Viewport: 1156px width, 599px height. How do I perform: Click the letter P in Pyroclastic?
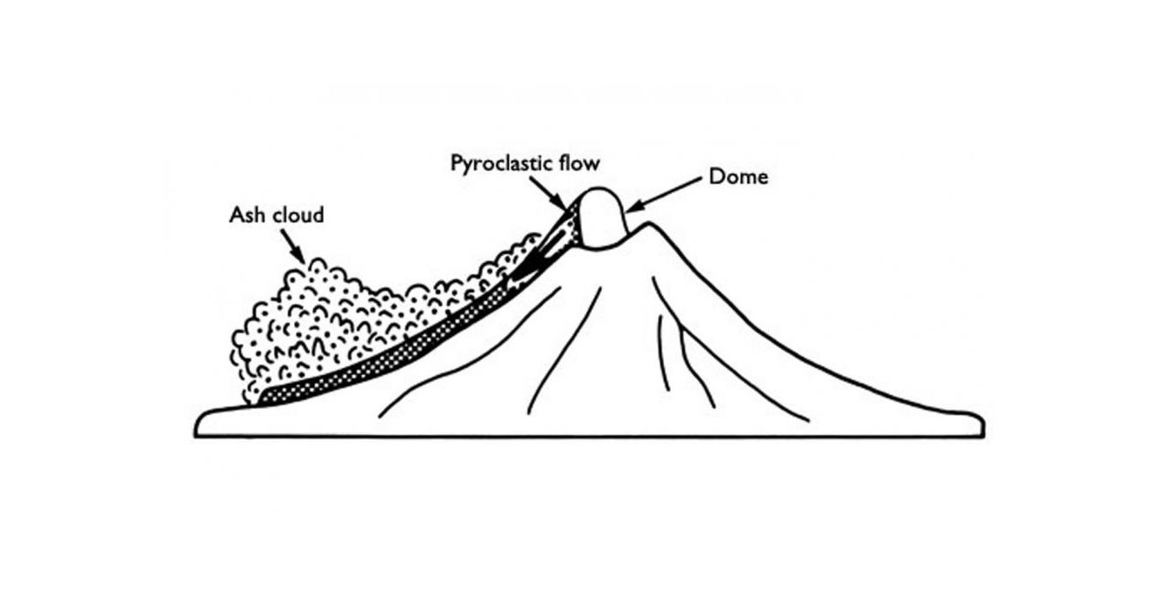coord(456,163)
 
